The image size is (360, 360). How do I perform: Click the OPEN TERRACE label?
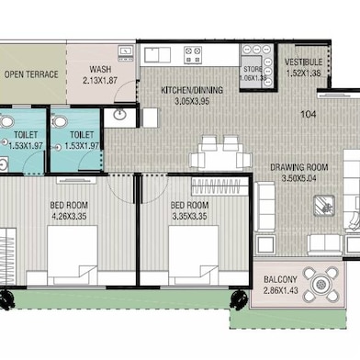(31, 74)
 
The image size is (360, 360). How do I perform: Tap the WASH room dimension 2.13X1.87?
(100, 81)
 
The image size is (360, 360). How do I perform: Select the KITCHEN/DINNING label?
(192, 90)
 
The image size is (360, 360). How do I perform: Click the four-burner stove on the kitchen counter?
(193, 55)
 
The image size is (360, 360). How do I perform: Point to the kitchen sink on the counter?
(158, 55)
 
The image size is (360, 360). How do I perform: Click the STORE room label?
(253, 69)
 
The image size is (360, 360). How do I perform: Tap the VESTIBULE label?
(303, 62)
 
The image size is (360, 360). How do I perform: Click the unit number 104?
(309, 115)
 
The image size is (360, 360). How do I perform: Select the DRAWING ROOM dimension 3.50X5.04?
(298, 178)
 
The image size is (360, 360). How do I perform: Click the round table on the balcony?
(321, 285)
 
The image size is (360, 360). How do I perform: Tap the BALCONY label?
(280, 279)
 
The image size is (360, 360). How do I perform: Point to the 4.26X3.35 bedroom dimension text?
(69, 217)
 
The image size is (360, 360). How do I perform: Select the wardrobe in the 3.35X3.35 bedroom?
(219, 186)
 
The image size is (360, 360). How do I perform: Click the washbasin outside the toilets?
(119, 115)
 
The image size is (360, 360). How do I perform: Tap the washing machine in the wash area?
(126, 53)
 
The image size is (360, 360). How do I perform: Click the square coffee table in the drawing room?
(324, 206)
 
